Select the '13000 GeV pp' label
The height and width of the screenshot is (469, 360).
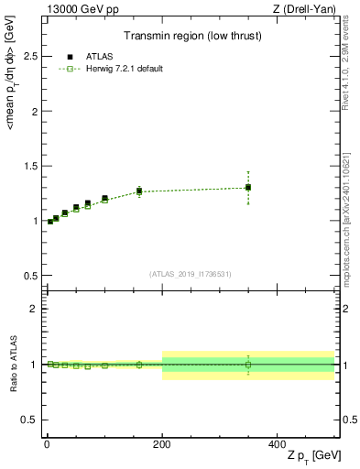pos(76,9)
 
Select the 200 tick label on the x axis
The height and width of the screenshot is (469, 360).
pos(162,443)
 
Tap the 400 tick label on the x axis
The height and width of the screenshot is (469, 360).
pos(277,443)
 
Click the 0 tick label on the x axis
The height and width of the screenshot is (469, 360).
pos(47,443)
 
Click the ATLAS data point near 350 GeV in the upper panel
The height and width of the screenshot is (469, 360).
pos(248,187)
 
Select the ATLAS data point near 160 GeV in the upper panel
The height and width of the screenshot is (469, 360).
pos(139,191)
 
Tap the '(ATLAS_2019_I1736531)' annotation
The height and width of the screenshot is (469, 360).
pos(190,274)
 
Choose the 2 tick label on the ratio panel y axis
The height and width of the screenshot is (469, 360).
pos(31,309)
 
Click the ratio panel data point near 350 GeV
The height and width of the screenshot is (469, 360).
pos(248,364)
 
